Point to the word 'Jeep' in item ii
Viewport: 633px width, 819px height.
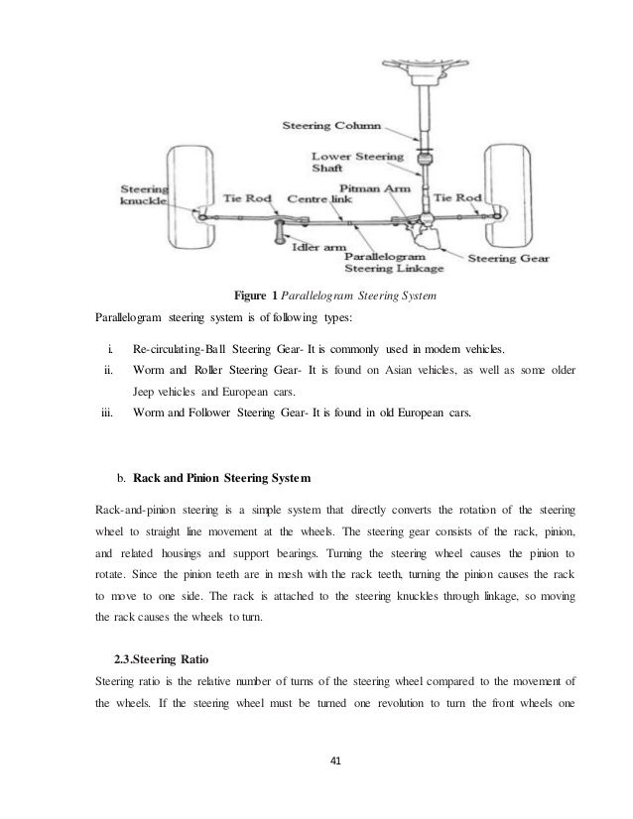click(147, 392)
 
